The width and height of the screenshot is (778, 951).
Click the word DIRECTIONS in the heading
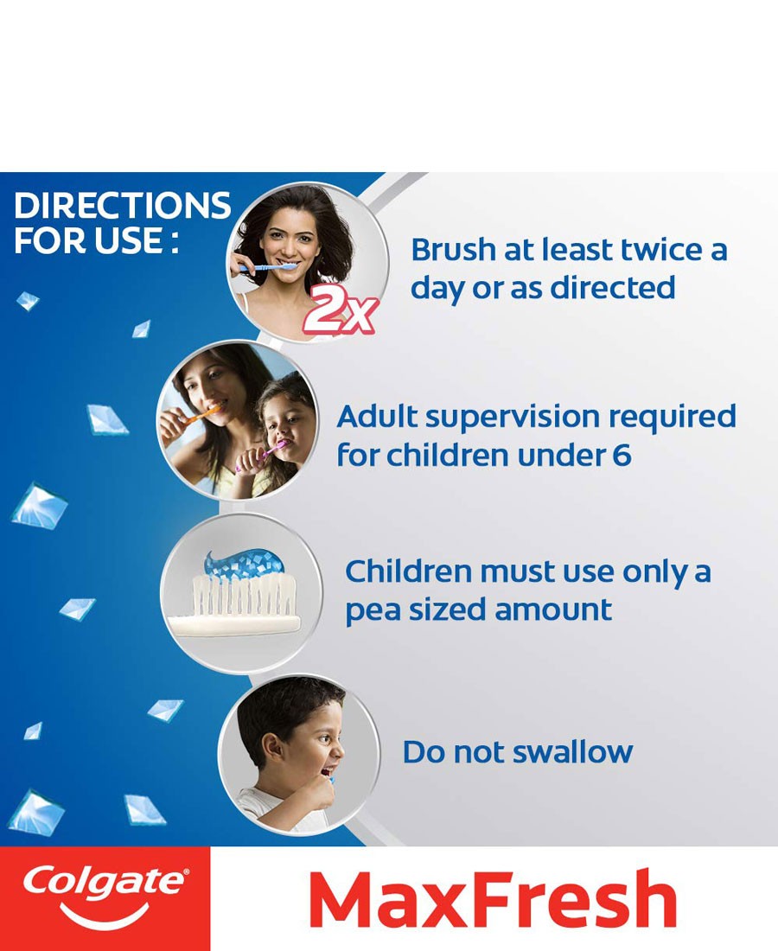pyautogui.click(x=122, y=206)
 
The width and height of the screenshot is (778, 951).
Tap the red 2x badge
pyautogui.click(x=341, y=310)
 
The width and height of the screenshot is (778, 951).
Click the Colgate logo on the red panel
pyautogui.click(x=105, y=894)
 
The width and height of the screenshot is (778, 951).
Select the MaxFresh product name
pyautogui.click(x=493, y=898)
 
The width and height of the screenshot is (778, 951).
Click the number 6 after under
pyautogui.click(x=622, y=455)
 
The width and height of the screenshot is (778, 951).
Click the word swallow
pyautogui.click(x=572, y=752)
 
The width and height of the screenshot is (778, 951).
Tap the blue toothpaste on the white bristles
pyautogui.click(x=244, y=564)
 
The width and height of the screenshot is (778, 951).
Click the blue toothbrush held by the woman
pyautogui.click(x=267, y=267)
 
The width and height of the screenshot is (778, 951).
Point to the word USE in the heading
pyautogui.click(x=129, y=240)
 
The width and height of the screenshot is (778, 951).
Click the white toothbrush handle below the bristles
pyautogui.click(x=234, y=625)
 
